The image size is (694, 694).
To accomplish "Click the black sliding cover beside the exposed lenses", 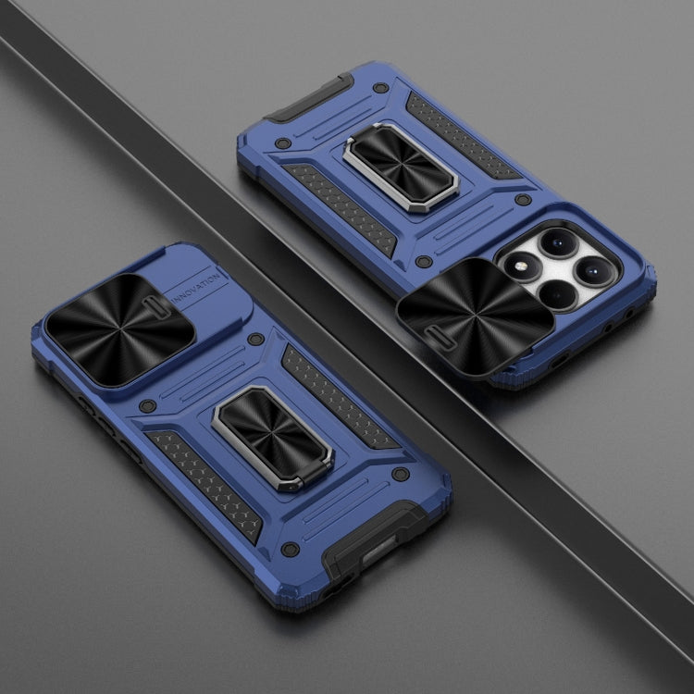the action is [476, 316].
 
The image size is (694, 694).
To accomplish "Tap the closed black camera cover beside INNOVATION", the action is [119, 328].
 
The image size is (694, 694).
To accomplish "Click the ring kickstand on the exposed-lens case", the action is [401, 167].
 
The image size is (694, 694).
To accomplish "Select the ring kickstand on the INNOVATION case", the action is [273, 438].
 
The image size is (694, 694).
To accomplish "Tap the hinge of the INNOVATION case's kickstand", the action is [311, 478].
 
